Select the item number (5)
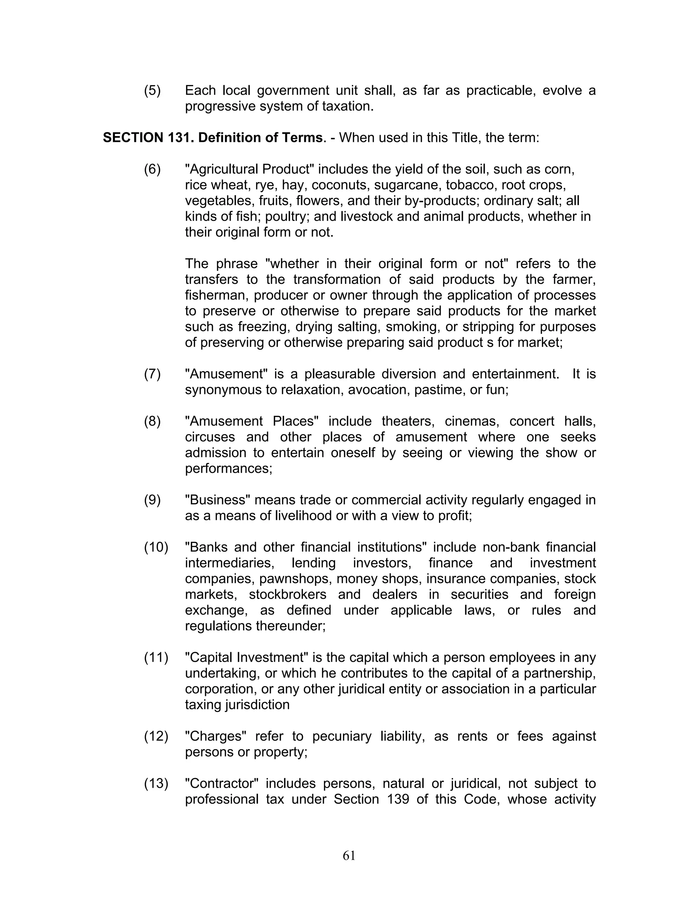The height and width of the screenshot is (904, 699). pos(152,91)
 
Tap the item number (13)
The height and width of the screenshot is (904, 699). pos(156,784)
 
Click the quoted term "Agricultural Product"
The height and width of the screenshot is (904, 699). pos(250,169)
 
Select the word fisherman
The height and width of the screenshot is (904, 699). pos(216,295)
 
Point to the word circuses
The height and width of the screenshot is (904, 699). pos(210,437)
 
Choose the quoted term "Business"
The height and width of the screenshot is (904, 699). pos(218,500)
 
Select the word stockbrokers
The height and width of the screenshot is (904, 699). pos(287,594)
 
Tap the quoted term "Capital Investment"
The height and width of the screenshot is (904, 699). pos(247,658)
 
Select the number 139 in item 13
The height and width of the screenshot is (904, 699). pos(398,799)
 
